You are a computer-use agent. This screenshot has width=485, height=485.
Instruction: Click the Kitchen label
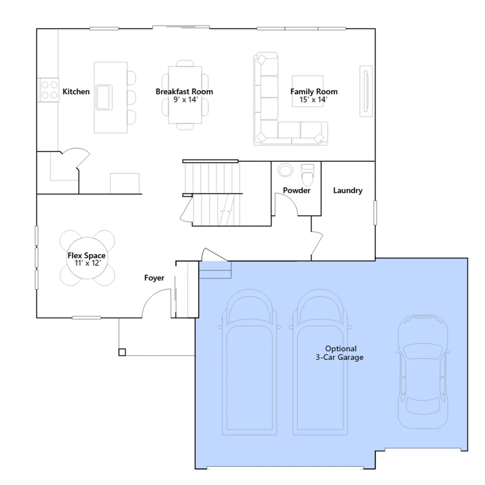point(76,92)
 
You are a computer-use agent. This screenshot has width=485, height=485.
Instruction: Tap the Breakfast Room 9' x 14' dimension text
point(186,100)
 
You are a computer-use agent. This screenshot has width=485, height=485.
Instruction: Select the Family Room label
point(314,92)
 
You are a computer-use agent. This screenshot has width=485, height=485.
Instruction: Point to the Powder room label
point(296,190)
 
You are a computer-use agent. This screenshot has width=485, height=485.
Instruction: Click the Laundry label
point(348,190)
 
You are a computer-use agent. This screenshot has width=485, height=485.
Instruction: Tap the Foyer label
point(154,278)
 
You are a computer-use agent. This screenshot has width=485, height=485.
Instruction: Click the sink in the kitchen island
point(104,97)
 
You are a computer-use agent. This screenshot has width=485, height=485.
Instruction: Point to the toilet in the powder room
point(307,175)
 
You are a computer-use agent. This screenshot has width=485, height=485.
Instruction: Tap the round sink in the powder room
point(285,170)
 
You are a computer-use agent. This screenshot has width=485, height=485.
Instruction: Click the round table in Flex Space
point(87,258)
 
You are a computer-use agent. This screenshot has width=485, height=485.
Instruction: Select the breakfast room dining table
point(185,95)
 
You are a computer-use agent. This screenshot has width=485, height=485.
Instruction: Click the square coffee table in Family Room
point(307,91)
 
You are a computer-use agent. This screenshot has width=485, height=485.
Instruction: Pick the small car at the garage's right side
point(423,372)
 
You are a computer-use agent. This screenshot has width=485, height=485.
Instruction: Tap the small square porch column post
point(122,352)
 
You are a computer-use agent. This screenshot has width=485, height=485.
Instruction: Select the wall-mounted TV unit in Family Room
point(366,91)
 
